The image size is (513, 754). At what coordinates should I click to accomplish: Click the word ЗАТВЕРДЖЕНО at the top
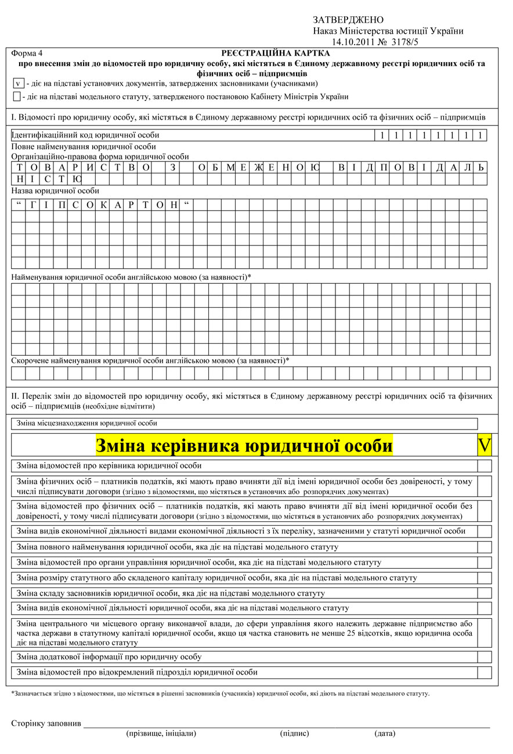348,20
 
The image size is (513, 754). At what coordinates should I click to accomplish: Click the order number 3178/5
405,42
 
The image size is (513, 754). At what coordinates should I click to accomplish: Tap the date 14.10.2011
353,42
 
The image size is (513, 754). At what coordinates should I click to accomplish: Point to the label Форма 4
27,53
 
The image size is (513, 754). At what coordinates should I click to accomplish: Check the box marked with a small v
19,84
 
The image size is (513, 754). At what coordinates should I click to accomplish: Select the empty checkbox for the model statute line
17,96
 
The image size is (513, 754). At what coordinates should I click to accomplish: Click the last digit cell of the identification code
480,136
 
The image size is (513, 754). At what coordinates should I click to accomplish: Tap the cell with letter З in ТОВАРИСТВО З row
172,168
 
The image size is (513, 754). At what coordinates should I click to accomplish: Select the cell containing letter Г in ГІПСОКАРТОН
33,205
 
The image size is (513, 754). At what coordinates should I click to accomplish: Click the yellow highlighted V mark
484,445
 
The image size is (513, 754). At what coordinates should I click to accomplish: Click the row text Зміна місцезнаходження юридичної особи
88,423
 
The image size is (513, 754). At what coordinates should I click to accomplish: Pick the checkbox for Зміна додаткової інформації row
484,657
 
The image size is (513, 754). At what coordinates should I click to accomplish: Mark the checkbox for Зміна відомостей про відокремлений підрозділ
484,672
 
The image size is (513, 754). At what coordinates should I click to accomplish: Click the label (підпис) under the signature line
294,733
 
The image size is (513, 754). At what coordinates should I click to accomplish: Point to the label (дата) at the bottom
385,733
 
